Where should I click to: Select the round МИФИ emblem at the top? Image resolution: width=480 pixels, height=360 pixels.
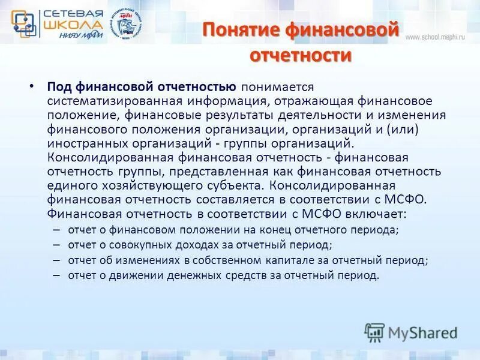[x=128, y=25]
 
